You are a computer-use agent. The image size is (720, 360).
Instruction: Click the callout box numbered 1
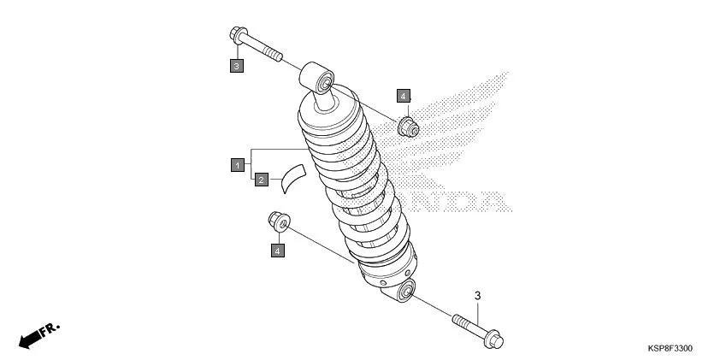click(x=237, y=164)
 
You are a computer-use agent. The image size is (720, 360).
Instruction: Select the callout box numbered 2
click(x=262, y=180)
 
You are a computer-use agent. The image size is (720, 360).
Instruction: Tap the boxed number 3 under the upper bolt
click(x=237, y=64)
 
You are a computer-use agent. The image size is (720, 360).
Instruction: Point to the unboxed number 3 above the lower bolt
click(x=478, y=296)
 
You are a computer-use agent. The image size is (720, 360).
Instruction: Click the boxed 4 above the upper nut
click(x=403, y=96)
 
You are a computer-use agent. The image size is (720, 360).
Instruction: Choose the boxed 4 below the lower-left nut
click(x=277, y=250)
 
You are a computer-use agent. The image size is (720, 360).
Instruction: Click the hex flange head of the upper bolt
click(x=237, y=37)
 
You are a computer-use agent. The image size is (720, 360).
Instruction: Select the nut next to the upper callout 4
click(x=409, y=127)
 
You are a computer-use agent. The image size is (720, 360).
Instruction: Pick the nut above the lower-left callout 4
click(x=278, y=221)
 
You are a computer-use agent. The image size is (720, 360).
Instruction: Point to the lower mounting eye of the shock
click(x=405, y=292)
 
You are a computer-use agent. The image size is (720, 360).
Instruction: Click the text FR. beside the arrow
click(x=50, y=328)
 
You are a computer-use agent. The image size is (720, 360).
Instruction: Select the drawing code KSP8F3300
click(x=670, y=349)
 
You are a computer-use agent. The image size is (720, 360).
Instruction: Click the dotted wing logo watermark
click(x=466, y=128)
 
